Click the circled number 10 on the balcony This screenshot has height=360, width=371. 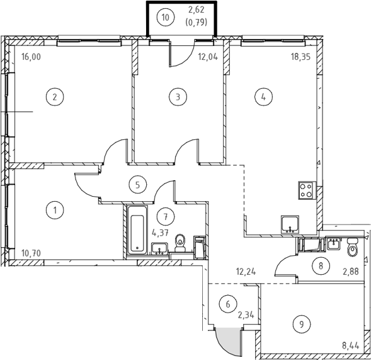[x=166, y=17]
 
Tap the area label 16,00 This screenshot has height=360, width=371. [x=31, y=57]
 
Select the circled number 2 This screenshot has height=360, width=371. [x=55, y=97]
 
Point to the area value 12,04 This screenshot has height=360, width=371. [x=208, y=57]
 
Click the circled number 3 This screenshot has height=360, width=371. [x=178, y=96]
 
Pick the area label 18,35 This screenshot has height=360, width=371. [x=300, y=57]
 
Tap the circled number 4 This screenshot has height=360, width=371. [x=263, y=96]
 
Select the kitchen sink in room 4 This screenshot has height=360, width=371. [x=290, y=224]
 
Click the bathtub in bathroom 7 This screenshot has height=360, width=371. [x=137, y=229]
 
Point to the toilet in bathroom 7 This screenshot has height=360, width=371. [x=181, y=243]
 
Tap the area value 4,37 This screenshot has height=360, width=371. [x=161, y=233]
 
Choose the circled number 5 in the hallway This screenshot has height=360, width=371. [x=138, y=185]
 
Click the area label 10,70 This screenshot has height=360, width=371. [x=31, y=253]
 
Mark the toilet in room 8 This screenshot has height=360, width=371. [x=353, y=247]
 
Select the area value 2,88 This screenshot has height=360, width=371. [x=351, y=272]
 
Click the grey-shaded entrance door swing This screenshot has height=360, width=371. [x=229, y=341]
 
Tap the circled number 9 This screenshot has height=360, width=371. [x=302, y=324]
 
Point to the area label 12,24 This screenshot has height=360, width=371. [x=246, y=272]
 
